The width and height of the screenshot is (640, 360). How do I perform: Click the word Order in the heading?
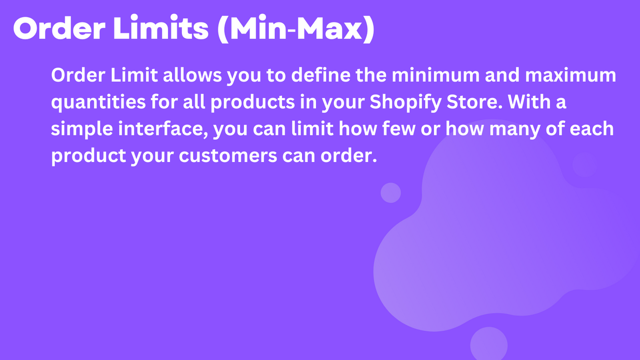click(x=56, y=29)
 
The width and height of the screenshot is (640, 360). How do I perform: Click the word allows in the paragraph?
click(x=193, y=76)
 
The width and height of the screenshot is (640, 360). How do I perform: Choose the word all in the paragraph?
click(x=197, y=103)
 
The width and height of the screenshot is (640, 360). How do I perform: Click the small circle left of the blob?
click(x=390, y=192)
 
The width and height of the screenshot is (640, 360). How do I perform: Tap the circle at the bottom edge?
click(x=488, y=345)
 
